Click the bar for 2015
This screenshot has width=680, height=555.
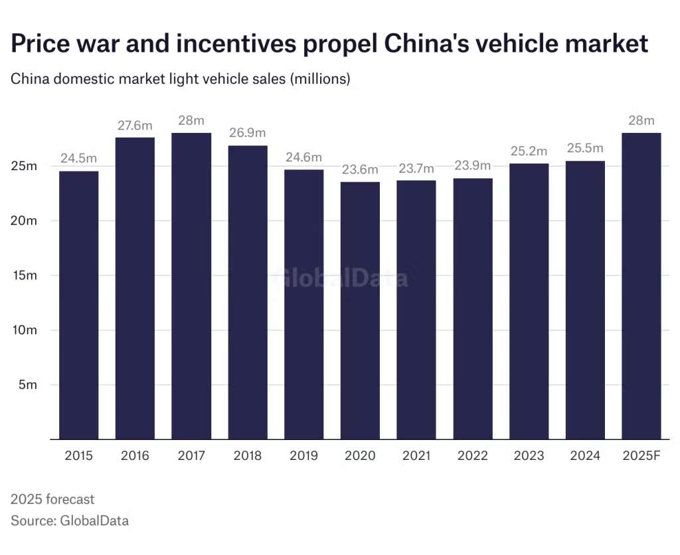click(79, 306)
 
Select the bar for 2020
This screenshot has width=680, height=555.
click(360, 311)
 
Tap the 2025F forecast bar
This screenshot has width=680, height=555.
click(641, 286)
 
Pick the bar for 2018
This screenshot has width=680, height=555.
click(248, 292)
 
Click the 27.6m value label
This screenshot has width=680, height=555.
click(135, 126)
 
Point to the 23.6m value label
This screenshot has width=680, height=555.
click(360, 169)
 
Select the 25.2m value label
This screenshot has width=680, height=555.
click(529, 152)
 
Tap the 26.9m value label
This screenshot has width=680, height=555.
click(248, 134)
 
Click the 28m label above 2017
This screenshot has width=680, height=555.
click(191, 120)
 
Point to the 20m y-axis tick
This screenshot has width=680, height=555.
click(24, 221)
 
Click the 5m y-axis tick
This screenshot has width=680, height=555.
click(28, 385)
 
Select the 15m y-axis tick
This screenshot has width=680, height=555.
click(24, 275)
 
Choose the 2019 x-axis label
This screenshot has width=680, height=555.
click(303, 456)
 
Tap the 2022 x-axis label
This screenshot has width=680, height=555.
click(472, 456)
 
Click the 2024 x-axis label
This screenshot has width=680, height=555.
click(585, 456)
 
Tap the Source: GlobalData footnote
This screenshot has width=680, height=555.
click(70, 520)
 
